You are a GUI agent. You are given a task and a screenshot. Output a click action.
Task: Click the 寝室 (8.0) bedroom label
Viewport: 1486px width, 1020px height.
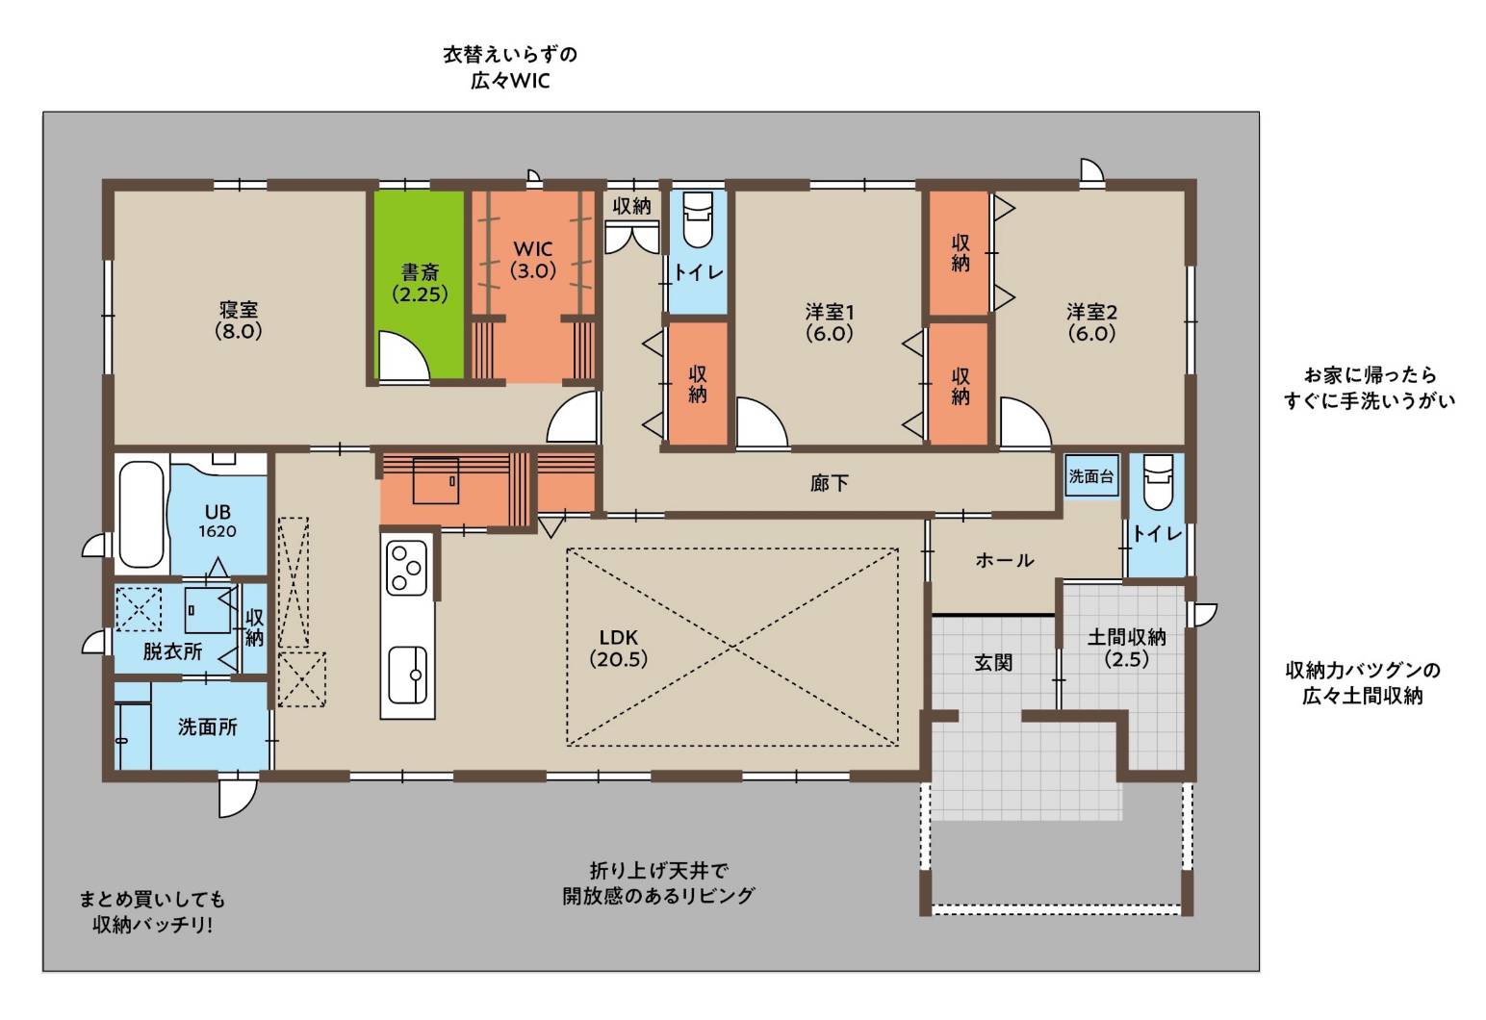coord(239,320)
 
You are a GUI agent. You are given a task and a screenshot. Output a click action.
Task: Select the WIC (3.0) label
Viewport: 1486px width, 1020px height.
coord(532,260)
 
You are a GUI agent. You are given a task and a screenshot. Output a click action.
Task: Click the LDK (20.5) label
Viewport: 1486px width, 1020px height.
coord(618,648)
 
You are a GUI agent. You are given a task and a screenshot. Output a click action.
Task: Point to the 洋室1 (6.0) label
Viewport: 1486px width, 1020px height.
coord(830,322)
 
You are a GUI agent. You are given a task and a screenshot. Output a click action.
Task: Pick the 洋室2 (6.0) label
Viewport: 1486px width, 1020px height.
coord(1092,322)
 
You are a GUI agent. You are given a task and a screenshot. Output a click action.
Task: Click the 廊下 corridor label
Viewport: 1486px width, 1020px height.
coord(830,483)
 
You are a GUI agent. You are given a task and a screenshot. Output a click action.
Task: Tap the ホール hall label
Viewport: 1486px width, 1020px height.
coord(1005,561)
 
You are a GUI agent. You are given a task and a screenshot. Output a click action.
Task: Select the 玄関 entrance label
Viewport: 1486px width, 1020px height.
coord(993,663)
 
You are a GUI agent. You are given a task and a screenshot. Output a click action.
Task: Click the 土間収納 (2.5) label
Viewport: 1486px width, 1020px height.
coord(1126,648)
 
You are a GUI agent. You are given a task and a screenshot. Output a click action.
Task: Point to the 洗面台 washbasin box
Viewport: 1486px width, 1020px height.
coord(1091,475)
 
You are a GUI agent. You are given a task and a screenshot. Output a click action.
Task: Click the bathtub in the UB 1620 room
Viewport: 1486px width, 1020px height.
coord(141,515)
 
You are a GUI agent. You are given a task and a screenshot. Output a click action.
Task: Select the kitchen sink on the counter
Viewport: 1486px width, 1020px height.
coord(407,676)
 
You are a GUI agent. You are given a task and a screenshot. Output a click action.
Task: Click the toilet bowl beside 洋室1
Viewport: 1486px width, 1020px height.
coord(697,218)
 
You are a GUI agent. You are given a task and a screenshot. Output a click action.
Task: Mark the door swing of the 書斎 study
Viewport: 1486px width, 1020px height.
coord(402,356)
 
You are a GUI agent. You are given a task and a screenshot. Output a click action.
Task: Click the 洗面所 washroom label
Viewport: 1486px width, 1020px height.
coord(208,727)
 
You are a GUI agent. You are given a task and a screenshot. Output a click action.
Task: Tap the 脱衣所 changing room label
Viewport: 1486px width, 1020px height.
coord(172,651)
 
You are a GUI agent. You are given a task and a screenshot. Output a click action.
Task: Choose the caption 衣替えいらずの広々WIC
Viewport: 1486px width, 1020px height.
coord(510,67)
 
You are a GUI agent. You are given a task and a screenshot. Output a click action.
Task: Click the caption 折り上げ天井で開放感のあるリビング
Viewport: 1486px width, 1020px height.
coord(658,882)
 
